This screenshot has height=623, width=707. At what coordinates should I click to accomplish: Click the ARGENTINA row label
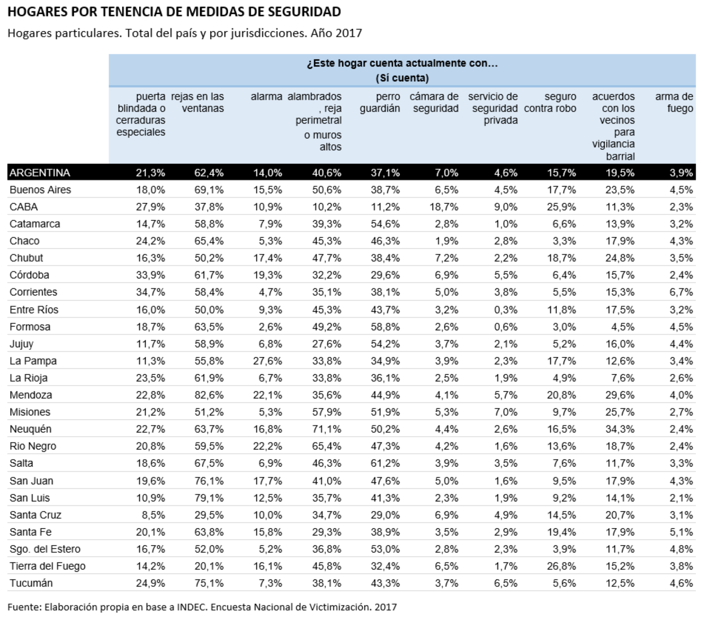pos(40,173)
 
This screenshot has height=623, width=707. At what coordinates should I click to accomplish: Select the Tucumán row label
pos(31,583)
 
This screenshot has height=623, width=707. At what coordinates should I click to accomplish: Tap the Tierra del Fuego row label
pos(48,566)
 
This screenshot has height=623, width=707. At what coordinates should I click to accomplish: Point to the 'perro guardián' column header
pos(380,102)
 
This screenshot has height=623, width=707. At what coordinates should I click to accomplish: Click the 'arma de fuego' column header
pos(674,102)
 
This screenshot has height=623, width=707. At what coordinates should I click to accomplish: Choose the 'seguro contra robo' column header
pos(550,102)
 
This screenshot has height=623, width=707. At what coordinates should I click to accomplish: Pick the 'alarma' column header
pos(267,96)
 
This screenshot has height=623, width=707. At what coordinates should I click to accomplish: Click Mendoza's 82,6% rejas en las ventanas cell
pos(209,395)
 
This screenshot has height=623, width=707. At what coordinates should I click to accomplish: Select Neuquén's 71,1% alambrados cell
pos(327,429)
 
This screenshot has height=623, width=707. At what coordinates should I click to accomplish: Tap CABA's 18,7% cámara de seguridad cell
pos(444,207)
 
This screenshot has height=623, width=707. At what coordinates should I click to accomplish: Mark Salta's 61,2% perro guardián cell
pos(385,463)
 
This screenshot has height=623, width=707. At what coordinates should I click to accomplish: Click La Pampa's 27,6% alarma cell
pos(268,361)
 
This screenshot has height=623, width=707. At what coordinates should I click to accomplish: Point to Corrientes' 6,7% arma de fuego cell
pos(681,292)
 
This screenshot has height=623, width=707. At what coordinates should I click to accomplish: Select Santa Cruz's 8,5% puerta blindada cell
pos(154,515)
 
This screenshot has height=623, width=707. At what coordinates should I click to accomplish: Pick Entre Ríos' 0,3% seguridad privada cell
pos(506,310)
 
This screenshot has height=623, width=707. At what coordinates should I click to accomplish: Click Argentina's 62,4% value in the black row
pos(209,173)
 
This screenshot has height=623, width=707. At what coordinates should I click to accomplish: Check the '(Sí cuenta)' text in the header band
pos(402,78)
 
